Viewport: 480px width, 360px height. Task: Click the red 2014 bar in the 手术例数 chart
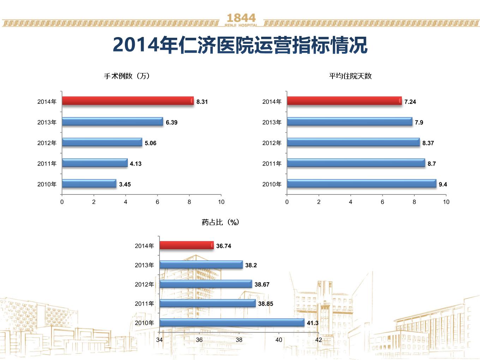(128, 101)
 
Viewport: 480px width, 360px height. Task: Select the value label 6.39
(172, 122)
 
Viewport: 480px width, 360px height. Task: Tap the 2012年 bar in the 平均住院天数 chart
(353, 142)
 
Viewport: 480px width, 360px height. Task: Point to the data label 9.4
(443, 184)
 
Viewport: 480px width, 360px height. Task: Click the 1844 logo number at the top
(241, 18)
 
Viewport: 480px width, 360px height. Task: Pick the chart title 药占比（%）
(220, 222)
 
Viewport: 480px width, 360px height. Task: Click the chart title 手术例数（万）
(127, 76)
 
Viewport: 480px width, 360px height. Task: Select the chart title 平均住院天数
(350, 76)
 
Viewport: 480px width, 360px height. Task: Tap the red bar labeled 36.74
(187, 245)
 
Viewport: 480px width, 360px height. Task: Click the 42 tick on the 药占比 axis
(318, 340)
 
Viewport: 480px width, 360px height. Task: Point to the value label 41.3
(312, 323)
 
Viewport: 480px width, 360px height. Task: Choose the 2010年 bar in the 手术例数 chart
(89, 184)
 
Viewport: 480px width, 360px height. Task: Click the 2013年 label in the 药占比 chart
(144, 265)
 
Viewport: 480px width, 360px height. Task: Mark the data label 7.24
(410, 102)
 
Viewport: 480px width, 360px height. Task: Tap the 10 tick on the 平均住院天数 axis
(446, 202)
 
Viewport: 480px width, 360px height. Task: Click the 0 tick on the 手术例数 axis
(62, 202)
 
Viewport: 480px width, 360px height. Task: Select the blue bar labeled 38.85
(208, 303)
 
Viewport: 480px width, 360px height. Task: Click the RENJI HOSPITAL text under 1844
(241, 25)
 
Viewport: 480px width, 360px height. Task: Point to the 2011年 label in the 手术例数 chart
(47, 164)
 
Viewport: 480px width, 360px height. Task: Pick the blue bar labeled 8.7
(356, 163)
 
